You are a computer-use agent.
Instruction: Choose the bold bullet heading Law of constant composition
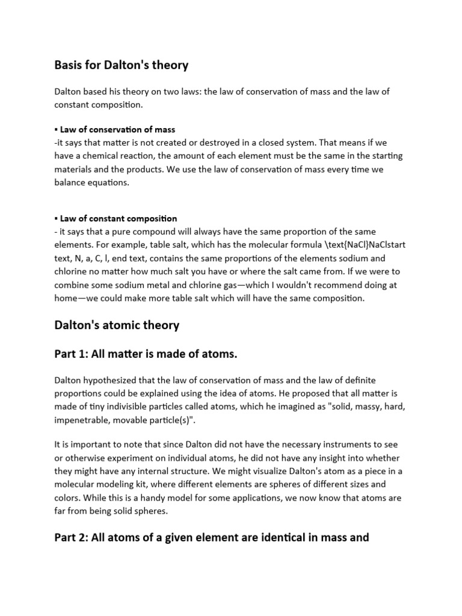click(x=118, y=218)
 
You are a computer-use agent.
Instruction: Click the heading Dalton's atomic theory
click(x=117, y=325)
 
